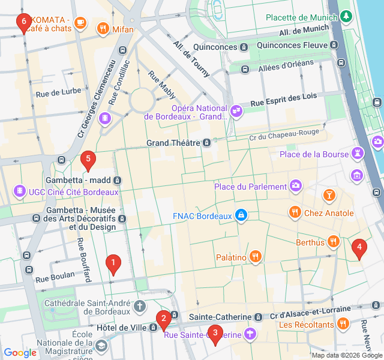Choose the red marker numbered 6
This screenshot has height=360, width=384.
[24, 23]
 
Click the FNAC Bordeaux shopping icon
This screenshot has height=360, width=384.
[241, 215]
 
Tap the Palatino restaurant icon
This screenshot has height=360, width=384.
[256, 257]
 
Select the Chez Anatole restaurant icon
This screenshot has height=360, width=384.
[295, 212]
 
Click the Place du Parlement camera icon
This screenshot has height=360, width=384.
[295, 185]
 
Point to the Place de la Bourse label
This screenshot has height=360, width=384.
[314, 154]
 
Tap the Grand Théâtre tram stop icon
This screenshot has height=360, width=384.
[206, 143]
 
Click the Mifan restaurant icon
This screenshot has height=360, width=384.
[103, 28]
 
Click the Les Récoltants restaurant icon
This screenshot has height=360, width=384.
[343, 325]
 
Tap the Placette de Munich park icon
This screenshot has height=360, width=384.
[346, 17]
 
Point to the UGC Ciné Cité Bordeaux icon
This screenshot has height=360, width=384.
[20, 191]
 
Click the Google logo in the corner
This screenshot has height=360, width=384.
[20, 353]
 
